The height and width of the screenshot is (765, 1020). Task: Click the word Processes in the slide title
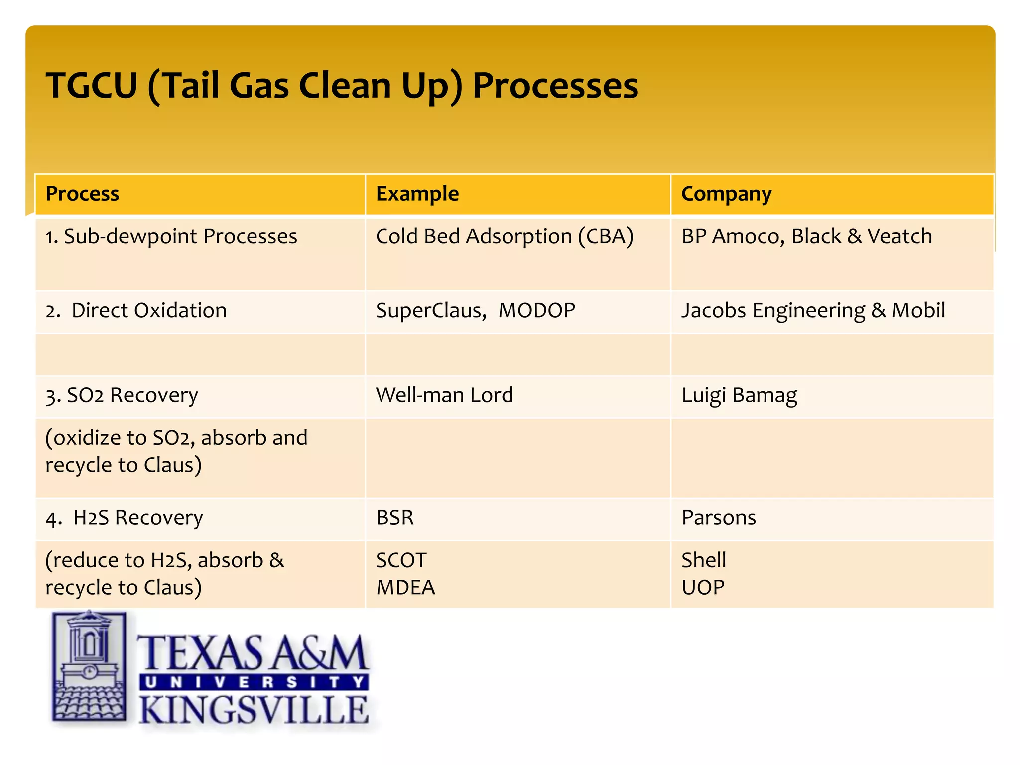(x=555, y=86)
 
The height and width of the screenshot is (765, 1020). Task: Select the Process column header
(x=82, y=194)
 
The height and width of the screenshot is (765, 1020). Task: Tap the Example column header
(x=417, y=194)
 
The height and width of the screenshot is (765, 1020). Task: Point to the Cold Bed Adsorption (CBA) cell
(x=504, y=236)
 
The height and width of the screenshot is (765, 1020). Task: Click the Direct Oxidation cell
(x=136, y=310)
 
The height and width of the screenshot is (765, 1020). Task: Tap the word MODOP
(x=536, y=310)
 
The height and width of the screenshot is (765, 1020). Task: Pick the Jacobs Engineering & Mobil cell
(x=813, y=310)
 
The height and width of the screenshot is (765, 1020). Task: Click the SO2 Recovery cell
(x=122, y=395)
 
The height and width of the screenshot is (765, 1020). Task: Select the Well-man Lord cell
(x=444, y=395)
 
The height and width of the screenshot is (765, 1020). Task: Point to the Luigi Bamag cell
(x=739, y=395)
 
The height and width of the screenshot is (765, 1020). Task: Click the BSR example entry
(x=394, y=518)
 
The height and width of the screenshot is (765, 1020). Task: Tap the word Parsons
(x=718, y=518)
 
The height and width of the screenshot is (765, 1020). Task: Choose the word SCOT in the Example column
(x=401, y=560)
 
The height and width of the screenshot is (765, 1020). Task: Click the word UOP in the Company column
(x=702, y=588)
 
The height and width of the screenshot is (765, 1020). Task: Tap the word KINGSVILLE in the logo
(x=254, y=710)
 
